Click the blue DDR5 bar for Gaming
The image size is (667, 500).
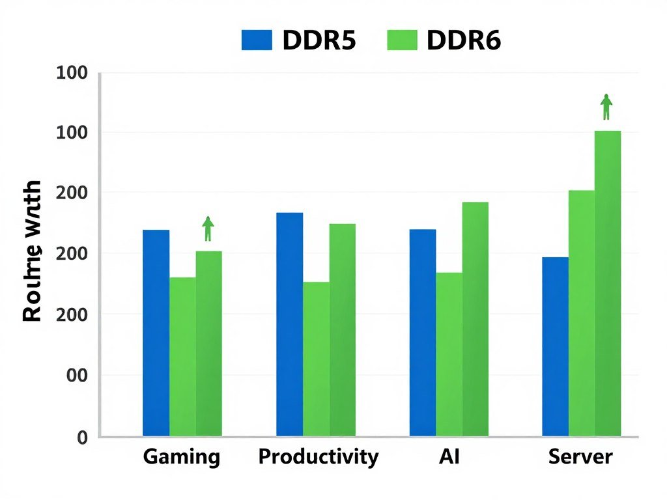coord(156,333)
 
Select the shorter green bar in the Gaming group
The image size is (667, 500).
coord(182,356)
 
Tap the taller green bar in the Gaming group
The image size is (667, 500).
coord(209,343)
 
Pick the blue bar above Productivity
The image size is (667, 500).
coord(289,324)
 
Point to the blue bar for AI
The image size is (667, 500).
coord(423,332)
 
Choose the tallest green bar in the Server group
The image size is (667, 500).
coord(608,283)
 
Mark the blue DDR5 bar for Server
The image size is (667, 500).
coord(555,346)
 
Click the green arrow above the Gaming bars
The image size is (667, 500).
coord(208,229)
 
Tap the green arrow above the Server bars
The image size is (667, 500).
coord(606,107)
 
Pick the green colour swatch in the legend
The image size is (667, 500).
coord(402,40)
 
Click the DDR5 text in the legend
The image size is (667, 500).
coord(319,40)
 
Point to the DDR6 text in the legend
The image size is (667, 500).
coord(464,40)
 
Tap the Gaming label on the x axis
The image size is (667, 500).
coord(182,456)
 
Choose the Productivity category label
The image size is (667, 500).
coord(318,456)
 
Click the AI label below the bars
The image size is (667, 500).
coord(449,456)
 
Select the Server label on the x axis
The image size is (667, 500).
coord(580,456)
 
